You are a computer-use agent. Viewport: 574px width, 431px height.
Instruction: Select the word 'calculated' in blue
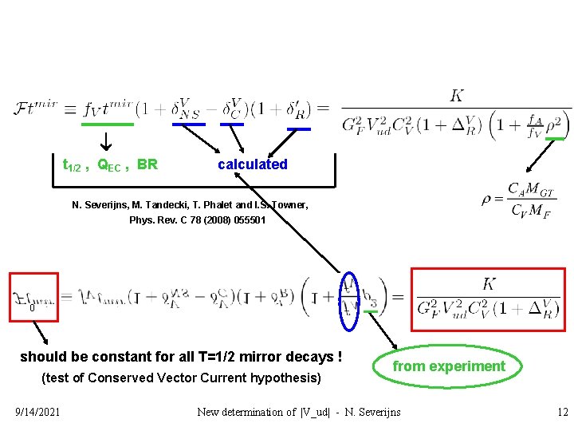point(253,164)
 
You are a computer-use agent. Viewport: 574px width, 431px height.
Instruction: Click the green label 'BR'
point(147,165)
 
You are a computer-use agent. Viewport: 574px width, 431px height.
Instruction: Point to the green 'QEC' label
point(112,165)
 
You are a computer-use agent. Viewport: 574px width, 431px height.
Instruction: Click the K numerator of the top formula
point(457,97)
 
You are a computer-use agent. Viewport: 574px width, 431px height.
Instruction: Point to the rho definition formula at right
point(518,200)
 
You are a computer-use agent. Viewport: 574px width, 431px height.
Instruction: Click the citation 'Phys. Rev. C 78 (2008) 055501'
point(198,219)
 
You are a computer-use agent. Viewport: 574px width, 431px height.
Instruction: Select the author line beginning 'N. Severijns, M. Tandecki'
point(190,205)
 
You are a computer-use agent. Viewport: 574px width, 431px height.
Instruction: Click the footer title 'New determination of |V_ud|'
point(299,412)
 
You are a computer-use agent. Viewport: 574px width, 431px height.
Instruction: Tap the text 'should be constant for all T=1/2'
point(180,357)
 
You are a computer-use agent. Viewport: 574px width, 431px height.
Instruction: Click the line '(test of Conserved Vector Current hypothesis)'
point(180,378)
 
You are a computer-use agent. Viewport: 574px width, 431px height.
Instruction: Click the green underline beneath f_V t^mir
point(108,125)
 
